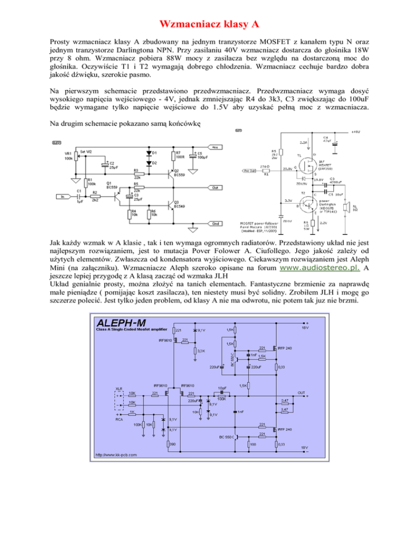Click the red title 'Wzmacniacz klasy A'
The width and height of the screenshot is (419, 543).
click(209, 24)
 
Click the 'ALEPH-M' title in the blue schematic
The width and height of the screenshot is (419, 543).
click(122, 322)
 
